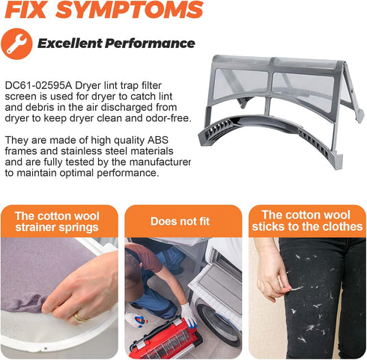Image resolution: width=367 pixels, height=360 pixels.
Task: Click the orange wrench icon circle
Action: click(x=16, y=44)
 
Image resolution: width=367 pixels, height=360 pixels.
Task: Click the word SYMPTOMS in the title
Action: click(x=130, y=10)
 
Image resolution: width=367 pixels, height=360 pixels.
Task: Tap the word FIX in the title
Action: click(x=25, y=10)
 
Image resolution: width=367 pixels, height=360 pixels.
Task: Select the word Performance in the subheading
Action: click(x=150, y=43)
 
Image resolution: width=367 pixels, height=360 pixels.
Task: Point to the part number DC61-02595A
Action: click(x=38, y=85)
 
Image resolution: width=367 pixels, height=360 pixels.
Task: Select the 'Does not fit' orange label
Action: click(x=180, y=222)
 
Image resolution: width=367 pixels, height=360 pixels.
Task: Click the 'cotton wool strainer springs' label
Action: click(x=57, y=222)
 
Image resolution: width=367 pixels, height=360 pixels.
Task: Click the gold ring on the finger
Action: click(x=80, y=317)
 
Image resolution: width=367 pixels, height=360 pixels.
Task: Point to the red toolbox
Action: click(x=166, y=338)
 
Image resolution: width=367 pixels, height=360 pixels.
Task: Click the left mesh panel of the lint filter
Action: click(x=241, y=83)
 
